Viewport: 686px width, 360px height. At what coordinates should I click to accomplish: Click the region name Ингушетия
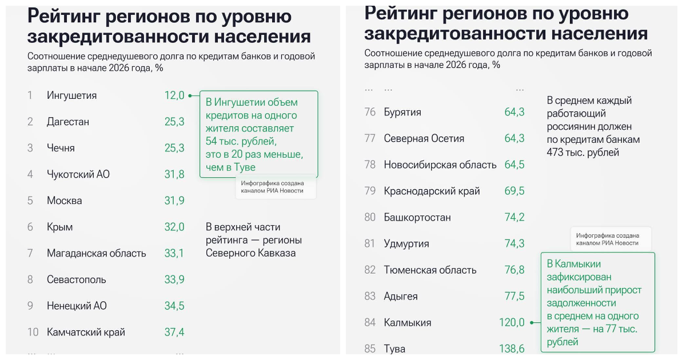71,95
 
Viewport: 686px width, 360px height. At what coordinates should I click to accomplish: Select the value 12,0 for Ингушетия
174,95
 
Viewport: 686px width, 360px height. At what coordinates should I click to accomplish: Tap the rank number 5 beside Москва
30,201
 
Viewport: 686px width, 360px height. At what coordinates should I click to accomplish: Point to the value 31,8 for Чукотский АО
174,174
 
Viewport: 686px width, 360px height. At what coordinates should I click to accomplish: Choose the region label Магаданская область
96,253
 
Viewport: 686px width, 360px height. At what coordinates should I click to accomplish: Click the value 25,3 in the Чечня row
174,148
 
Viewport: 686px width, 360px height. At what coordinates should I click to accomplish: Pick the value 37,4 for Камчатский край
174,332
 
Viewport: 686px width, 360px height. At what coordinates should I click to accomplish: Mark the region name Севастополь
76,279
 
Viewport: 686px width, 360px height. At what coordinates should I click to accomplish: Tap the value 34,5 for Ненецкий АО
174,306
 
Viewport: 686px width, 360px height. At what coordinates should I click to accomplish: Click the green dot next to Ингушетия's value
190,95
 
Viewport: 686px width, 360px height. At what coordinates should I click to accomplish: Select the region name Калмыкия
407,323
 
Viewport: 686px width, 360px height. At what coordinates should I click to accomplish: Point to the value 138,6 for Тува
512,349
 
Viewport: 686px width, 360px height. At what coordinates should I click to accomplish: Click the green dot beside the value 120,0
531,323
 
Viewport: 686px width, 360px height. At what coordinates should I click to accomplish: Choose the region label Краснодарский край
432,191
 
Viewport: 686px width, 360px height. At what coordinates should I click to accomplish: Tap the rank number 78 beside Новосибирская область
370,165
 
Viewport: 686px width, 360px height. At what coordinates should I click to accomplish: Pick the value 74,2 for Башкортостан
514,217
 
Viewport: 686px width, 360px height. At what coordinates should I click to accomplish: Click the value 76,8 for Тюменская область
514,270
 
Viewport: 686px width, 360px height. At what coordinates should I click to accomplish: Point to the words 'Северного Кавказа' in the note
250,253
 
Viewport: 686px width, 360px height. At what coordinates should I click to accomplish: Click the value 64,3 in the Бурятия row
514,112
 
